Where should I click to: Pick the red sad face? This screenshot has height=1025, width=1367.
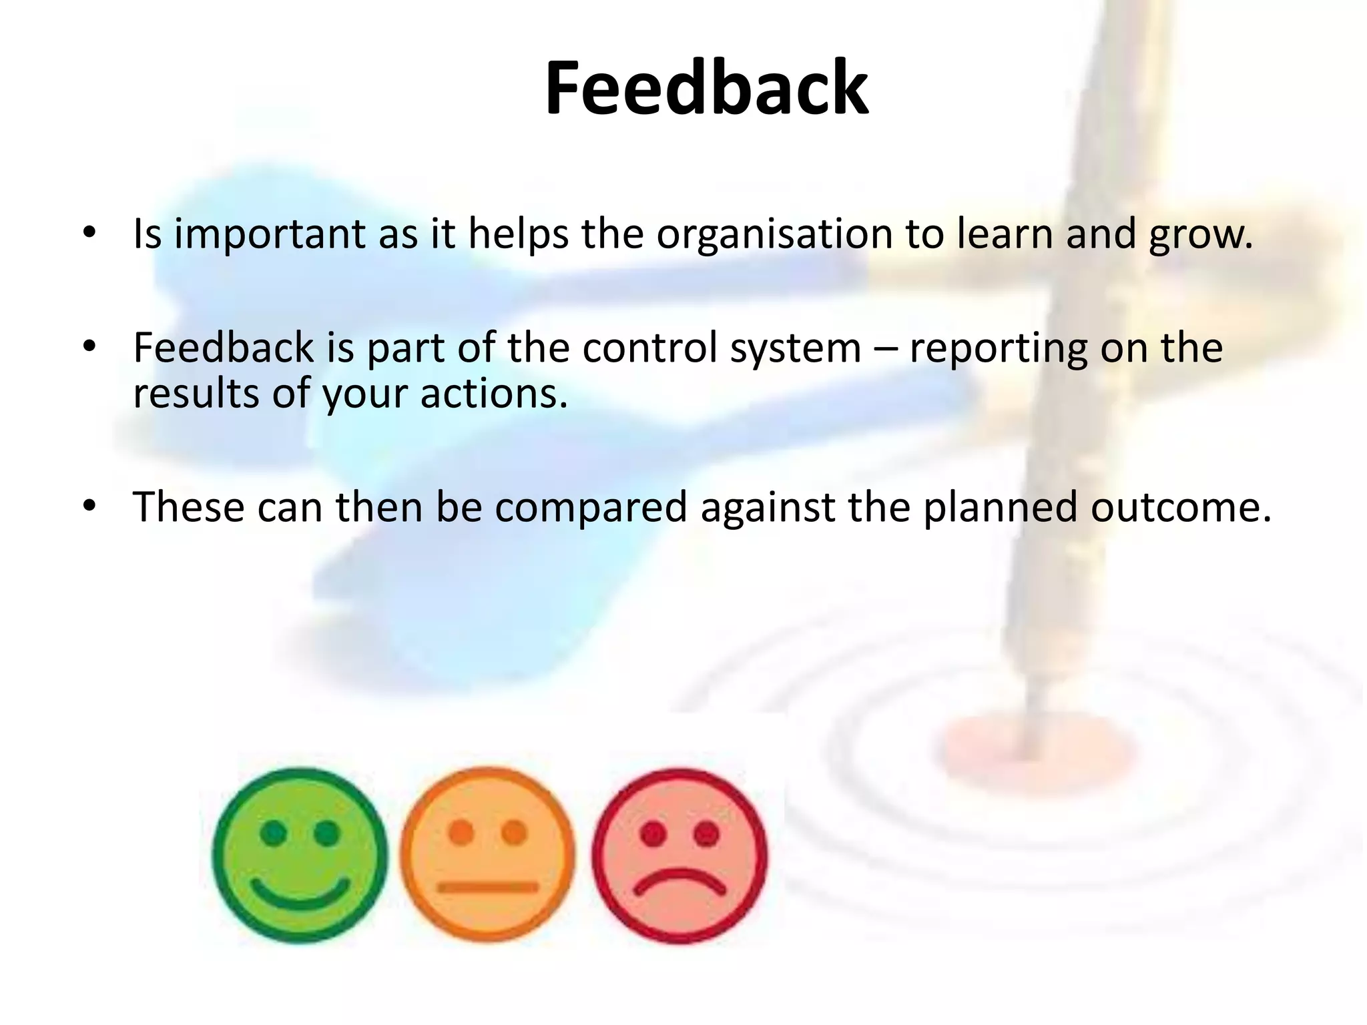point(679,856)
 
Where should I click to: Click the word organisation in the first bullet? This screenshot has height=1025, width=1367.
point(774,234)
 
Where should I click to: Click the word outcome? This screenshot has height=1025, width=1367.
point(1181,506)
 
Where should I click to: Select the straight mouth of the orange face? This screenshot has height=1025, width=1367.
point(487,887)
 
